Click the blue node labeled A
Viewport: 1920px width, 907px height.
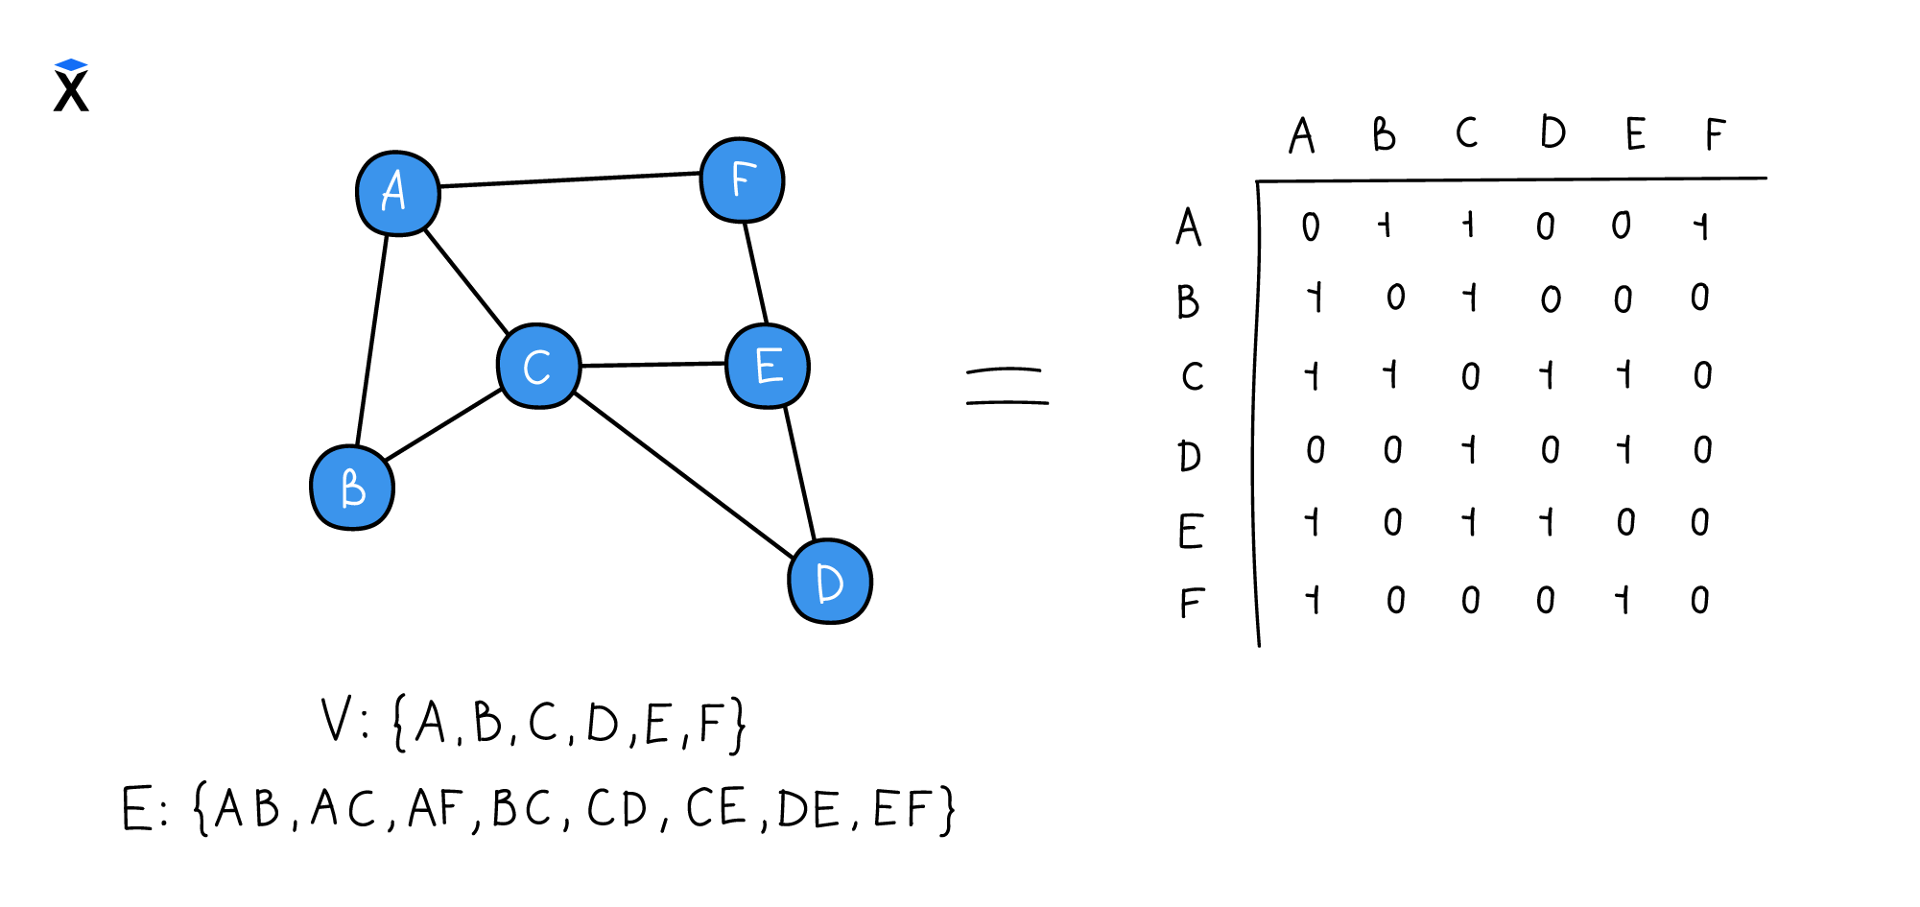[397, 193]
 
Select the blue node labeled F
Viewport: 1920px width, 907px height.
[742, 180]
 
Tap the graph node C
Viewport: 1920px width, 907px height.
[538, 366]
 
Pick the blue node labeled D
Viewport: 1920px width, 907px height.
[829, 582]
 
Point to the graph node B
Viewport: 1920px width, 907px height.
[352, 488]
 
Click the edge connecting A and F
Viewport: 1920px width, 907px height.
[570, 179]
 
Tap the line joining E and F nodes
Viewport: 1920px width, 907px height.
[756, 274]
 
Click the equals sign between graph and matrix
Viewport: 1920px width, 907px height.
[1007, 386]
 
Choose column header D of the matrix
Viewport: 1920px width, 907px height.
[1552, 132]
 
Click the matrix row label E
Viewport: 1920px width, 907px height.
[1190, 530]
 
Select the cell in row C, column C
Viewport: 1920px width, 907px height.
[1470, 375]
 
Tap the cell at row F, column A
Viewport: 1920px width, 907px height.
[1313, 600]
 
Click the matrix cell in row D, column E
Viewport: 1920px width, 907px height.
[1624, 449]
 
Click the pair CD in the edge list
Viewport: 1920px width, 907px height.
[618, 808]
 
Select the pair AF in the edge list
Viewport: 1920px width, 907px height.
[436, 808]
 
